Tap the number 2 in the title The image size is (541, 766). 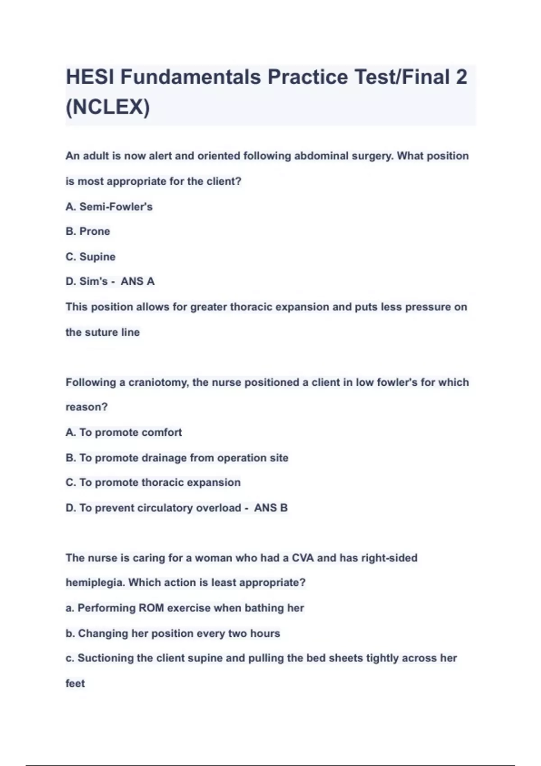tap(461, 77)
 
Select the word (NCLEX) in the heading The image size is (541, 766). tap(108, 107)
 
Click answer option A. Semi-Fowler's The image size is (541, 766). tap(109, 207)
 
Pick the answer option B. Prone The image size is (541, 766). tap(88, 232)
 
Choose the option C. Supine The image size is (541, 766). tap(91, 257)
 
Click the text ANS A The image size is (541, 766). tap(138, 282)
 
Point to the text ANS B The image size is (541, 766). tap(270, 508)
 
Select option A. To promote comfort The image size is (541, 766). tap(124, 433)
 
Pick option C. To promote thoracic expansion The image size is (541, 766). tap(153, 483)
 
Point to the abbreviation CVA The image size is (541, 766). tap(303, 558)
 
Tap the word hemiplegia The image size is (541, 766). tap(95, 583)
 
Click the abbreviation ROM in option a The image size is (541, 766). tap(151, 608)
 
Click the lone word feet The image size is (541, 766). tap(75, 684)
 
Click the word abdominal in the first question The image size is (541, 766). tap(321, 156)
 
